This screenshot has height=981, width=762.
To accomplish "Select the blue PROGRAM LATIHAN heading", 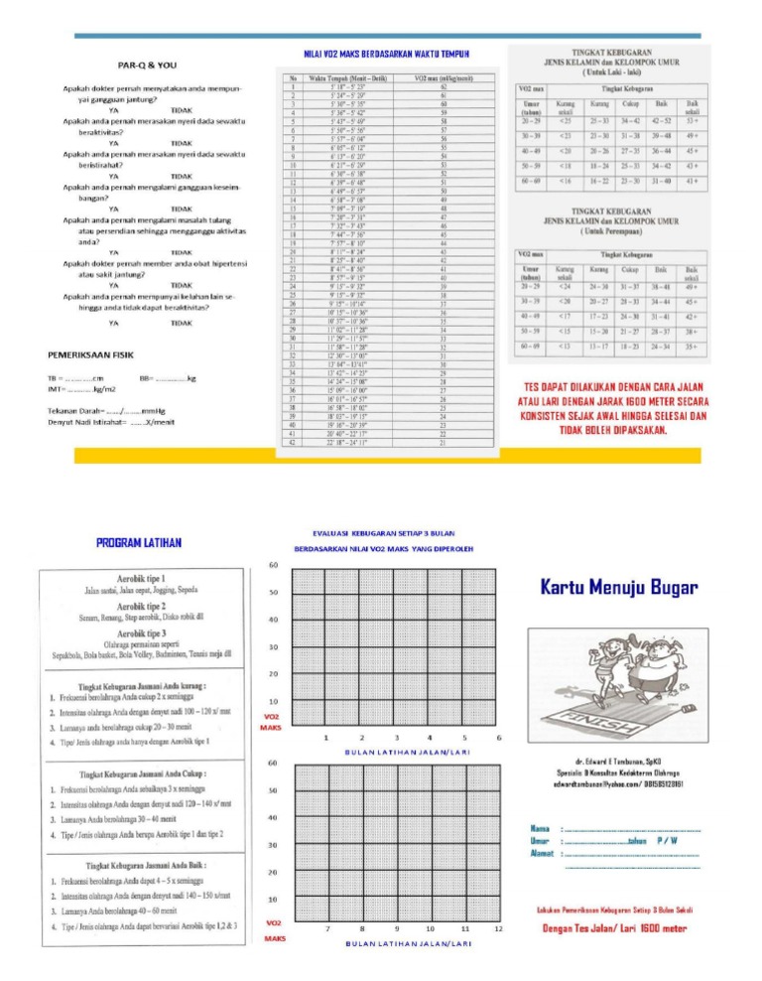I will pyautogui.click(x=138, y=543).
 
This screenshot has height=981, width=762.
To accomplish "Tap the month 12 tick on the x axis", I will pyautogui.click(x=499, y=927).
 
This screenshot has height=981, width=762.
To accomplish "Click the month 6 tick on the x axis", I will pyautogui.click(x=499, y=737).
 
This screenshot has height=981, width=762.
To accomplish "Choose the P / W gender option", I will pyautogui.click(x=667, y=840).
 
